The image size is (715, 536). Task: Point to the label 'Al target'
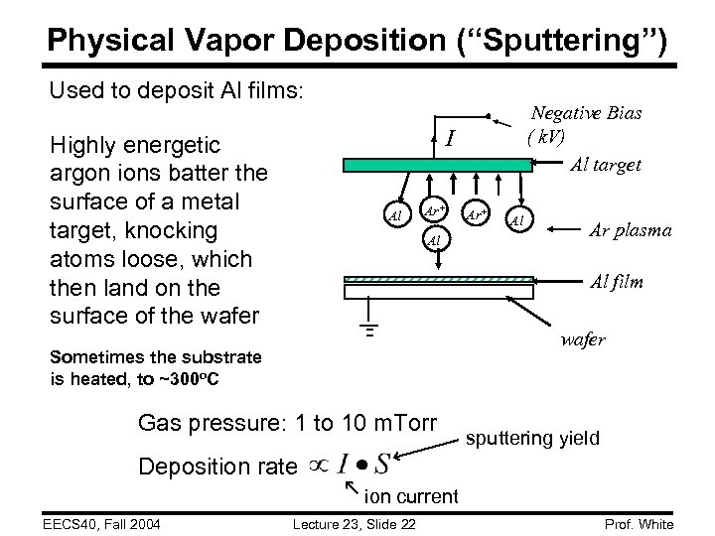(x=605, y=165)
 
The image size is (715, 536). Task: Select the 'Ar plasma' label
(x=630, y=230)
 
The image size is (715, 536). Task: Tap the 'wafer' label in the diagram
(x=582, y=339)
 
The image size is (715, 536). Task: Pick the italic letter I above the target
(x=450, y=136)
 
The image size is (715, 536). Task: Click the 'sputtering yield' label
(x=532, y=437)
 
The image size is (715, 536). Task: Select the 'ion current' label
(x=412, y=495)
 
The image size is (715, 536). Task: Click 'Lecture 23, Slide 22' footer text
(x=355, y=524)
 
